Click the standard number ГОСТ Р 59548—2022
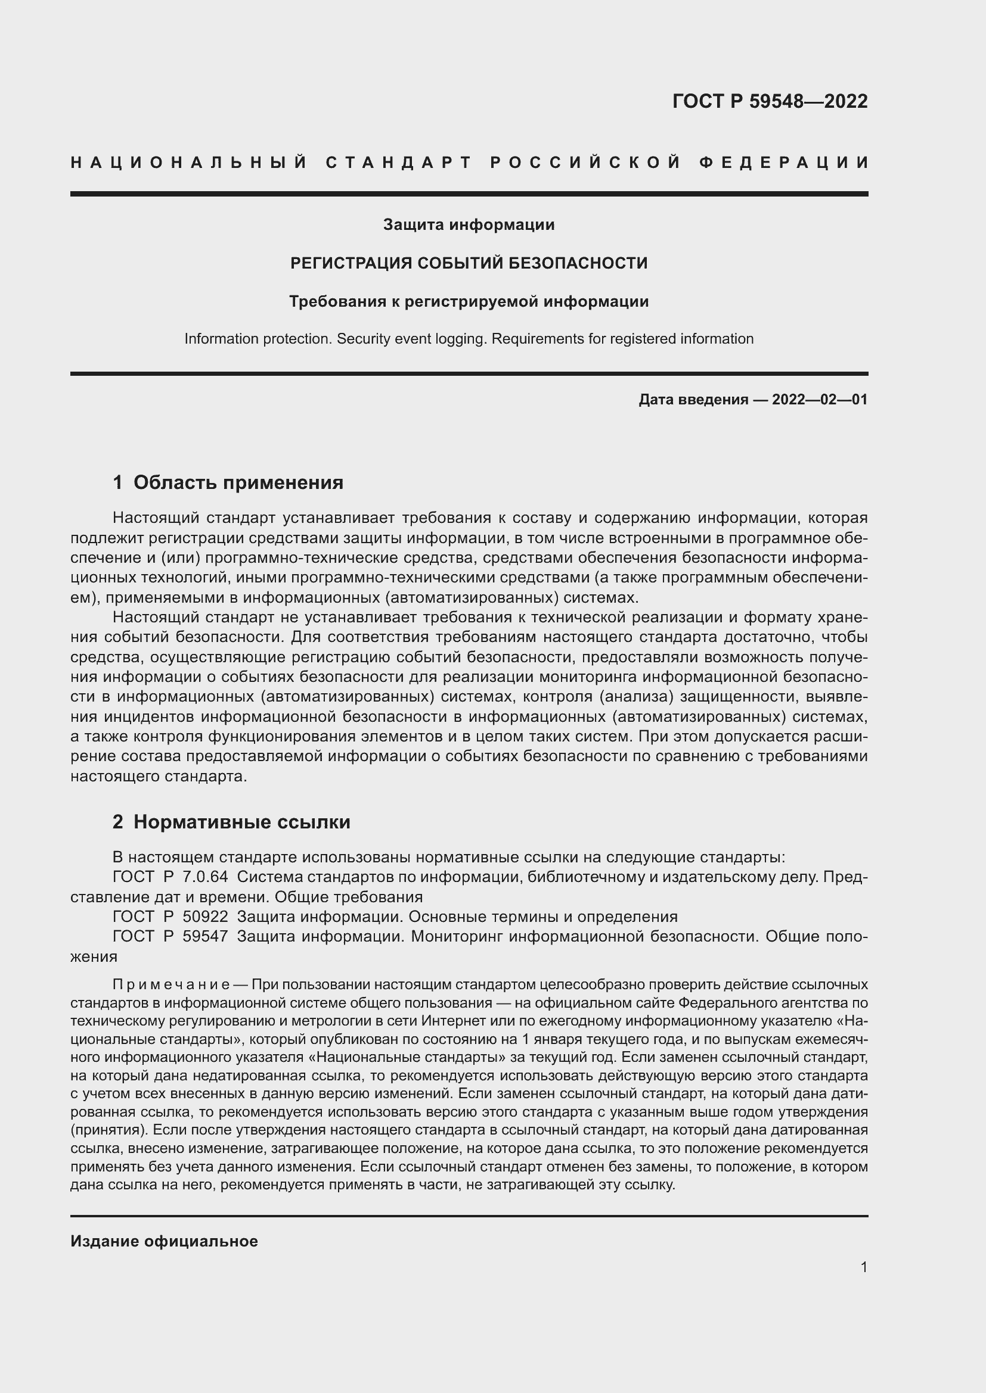tap(769, 101)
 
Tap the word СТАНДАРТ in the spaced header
tap(399, 163)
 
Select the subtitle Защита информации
tap(469, 225)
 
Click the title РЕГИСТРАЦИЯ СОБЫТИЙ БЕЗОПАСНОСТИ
tap(469, 263)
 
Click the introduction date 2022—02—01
tap(820, 399)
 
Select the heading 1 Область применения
tap(228, 482)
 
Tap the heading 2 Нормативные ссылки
tap(231, 822)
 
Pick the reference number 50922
tap(205, 916)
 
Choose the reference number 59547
tap(205, 936)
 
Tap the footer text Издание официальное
tap(164, 1241)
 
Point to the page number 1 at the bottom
tap(864, 1267)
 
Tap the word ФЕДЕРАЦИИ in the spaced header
tap(785, 163)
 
